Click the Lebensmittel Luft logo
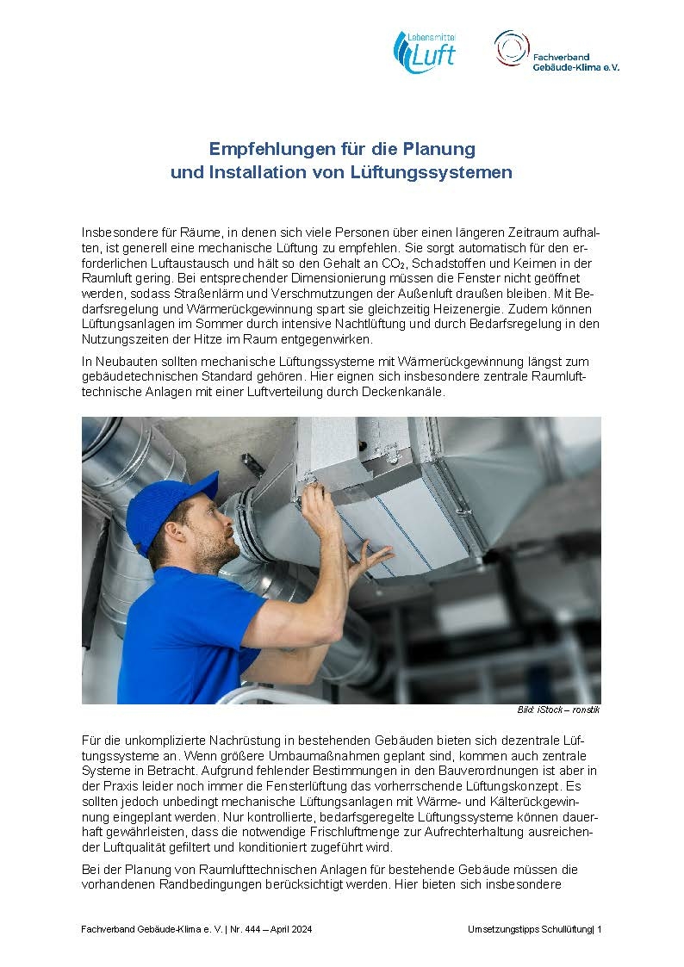click(424, 52)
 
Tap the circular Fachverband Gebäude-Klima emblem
click(512, 48)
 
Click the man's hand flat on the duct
click(369, 561)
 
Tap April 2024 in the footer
click(291, 930)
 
